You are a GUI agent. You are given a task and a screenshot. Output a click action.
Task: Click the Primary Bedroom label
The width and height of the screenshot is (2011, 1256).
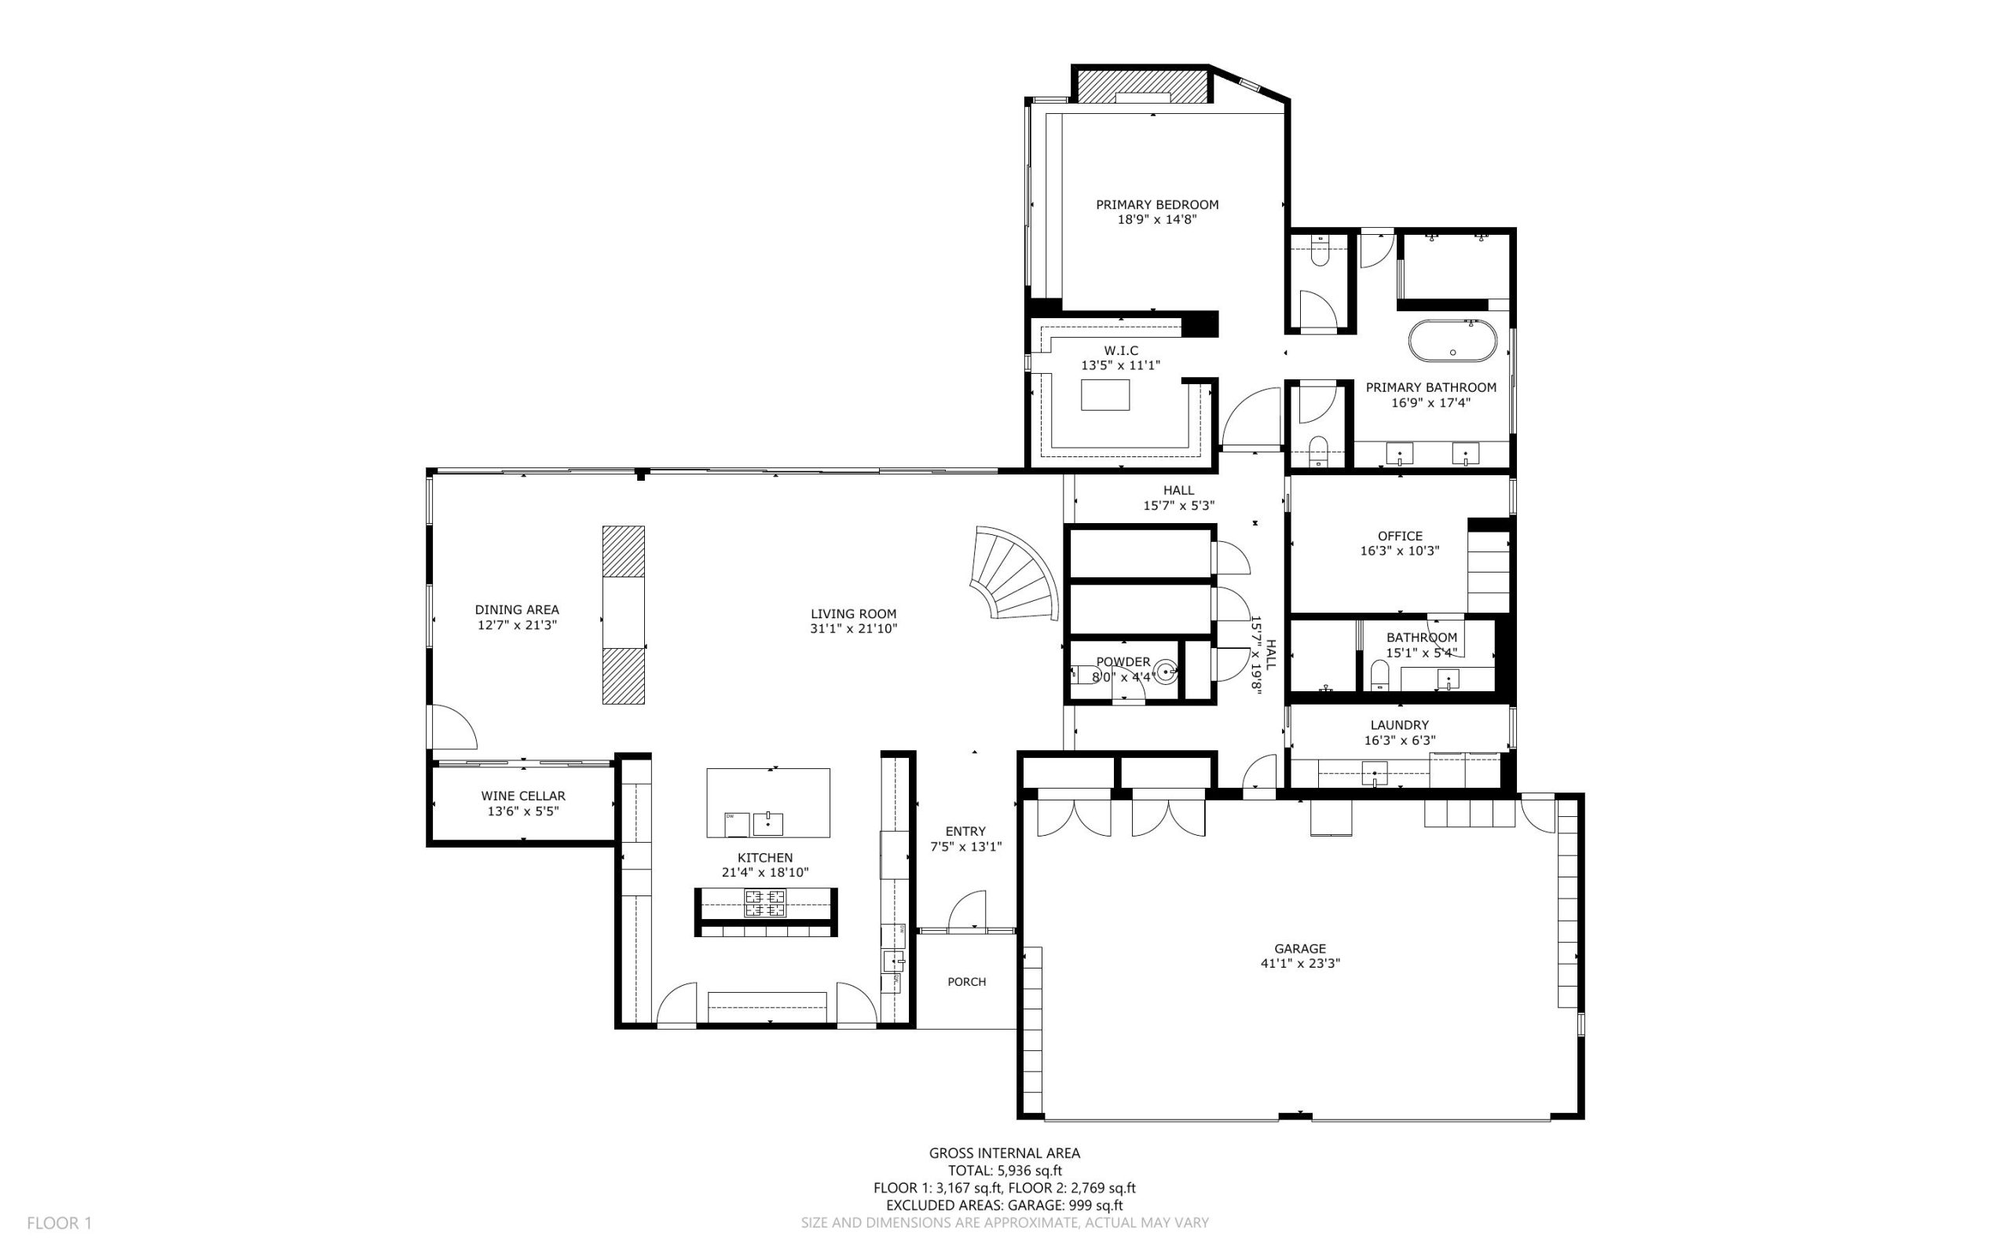[1156, 204]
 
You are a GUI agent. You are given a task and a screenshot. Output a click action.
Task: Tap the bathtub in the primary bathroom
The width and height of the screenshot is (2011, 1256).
[1452, 342]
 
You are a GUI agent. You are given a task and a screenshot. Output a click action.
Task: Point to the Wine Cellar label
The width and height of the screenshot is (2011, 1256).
[523, 796]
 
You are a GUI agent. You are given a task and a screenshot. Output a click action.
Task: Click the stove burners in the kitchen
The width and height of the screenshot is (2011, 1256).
[765, 903]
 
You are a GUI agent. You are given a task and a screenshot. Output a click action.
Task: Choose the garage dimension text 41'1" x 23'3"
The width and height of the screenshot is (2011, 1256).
[1300, 964]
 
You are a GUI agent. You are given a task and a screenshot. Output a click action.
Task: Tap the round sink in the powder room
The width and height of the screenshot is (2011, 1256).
[1167, 671]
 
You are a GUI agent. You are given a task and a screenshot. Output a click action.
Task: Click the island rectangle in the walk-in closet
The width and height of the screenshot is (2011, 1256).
[1104, 394]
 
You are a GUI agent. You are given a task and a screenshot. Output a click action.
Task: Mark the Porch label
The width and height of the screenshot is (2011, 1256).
[967, 982]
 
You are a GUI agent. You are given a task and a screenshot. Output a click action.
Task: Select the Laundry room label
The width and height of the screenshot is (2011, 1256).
[1400, 725]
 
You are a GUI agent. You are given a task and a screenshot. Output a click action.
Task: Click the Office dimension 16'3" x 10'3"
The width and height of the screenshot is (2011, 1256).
[1400, 551]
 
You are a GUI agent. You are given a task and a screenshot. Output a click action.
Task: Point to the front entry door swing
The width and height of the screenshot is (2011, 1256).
[967, 910]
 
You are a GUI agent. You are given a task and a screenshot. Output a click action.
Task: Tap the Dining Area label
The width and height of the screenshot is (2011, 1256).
[517, 610]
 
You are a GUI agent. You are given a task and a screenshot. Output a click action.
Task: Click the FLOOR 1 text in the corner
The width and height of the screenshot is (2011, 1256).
[59, 1223]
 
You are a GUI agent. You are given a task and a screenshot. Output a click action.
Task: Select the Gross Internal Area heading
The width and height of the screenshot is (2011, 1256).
[1004, 1153]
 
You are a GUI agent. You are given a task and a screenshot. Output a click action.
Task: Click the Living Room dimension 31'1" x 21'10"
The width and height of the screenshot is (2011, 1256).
[854, 629]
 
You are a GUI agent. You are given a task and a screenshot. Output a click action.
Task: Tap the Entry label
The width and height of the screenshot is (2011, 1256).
[965, 832]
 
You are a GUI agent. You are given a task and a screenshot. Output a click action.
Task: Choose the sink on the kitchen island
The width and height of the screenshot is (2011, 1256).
[767, 823]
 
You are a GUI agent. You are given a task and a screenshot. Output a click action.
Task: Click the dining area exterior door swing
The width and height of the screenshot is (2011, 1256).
[453, 726]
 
